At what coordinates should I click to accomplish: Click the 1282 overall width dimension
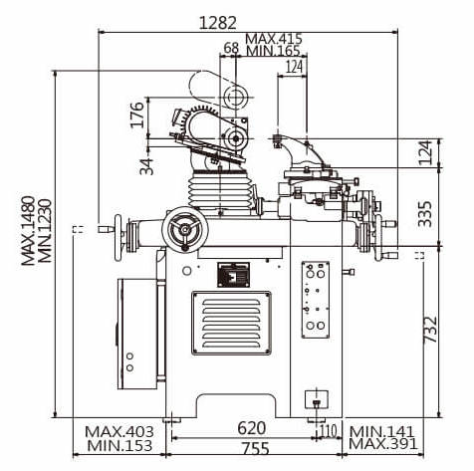(x=217, y=23)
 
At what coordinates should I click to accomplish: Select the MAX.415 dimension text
(x=274, y=39)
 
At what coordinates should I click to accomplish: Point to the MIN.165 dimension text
(x=273, y=51)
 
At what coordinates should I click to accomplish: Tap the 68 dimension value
(x=231, y=48)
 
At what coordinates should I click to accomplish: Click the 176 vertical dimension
(x=137, y=115)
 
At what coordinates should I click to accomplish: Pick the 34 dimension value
(x=146, y=166)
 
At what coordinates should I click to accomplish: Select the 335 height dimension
(x=425, y=214)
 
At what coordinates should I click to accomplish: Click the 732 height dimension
(x=430, y=330)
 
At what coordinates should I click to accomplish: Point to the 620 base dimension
(x=252, y=428)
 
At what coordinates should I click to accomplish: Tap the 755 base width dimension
(x=255, y=449)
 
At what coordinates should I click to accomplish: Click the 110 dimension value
(x=329, y=431)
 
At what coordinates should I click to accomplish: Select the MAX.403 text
(x=119, y=432)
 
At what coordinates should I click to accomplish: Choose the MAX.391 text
(x=382, y=444)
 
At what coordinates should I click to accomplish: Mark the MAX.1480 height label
(x=28, y=231)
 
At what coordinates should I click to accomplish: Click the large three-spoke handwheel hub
(x=185, y=228)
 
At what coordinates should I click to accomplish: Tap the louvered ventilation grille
(x=231, y=323)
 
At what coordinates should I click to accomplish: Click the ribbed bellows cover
(x=219, y=190)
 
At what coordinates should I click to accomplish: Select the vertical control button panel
(x=316, y=300)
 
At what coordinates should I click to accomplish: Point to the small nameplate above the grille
(x=233, y=275)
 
